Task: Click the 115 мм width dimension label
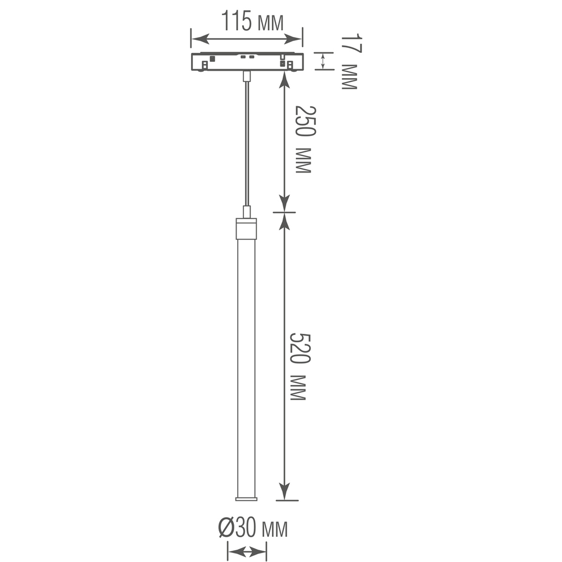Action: (251, 22)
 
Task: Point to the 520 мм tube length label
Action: (298, 366)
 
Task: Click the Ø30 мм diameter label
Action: (252, 529)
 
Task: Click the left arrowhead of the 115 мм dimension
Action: (197, 39)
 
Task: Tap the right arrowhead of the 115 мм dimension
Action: (296, 39)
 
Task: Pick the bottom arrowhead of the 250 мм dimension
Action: (285, 203)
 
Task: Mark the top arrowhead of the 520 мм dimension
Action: (285, 221)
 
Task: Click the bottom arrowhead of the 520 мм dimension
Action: (285, 492)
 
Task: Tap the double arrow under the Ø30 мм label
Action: (246, 552)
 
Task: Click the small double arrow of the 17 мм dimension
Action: (323, 61)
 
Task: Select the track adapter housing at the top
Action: (247, 61)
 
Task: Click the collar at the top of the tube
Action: (246, 229)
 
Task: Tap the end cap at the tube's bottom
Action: (246, 498)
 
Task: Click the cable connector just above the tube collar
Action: (246, 212)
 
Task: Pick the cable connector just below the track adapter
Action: (246, 76)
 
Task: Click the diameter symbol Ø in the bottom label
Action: (226, 529)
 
